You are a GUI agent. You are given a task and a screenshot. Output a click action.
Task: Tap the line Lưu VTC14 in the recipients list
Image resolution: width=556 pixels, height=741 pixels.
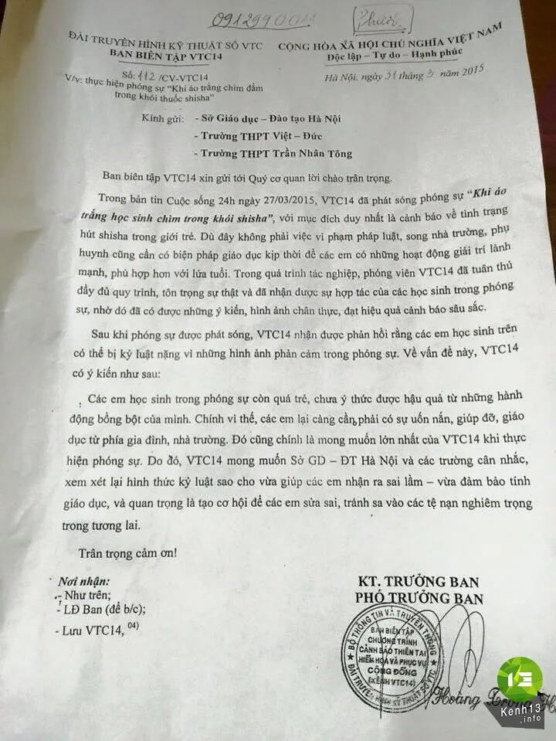pos(91,631)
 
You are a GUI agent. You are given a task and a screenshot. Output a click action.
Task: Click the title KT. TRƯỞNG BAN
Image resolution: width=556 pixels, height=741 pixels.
pos(417,582)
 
